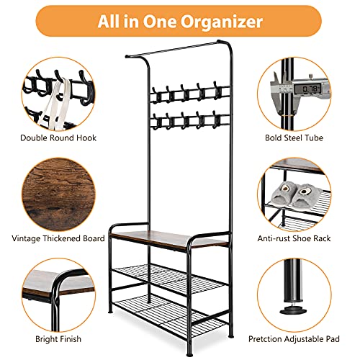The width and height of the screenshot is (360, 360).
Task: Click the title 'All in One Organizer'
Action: coord(179,21)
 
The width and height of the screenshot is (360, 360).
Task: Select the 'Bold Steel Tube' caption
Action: coord(301,137)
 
